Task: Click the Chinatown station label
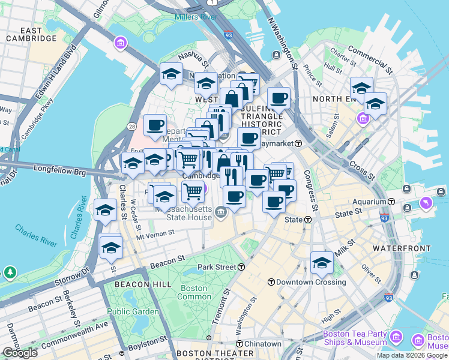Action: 262,344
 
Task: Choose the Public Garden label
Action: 133,311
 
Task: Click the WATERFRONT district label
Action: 401,248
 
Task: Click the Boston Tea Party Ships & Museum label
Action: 354,338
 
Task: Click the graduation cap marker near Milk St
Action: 322,262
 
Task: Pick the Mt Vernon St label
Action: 155,233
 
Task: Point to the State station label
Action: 293,220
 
